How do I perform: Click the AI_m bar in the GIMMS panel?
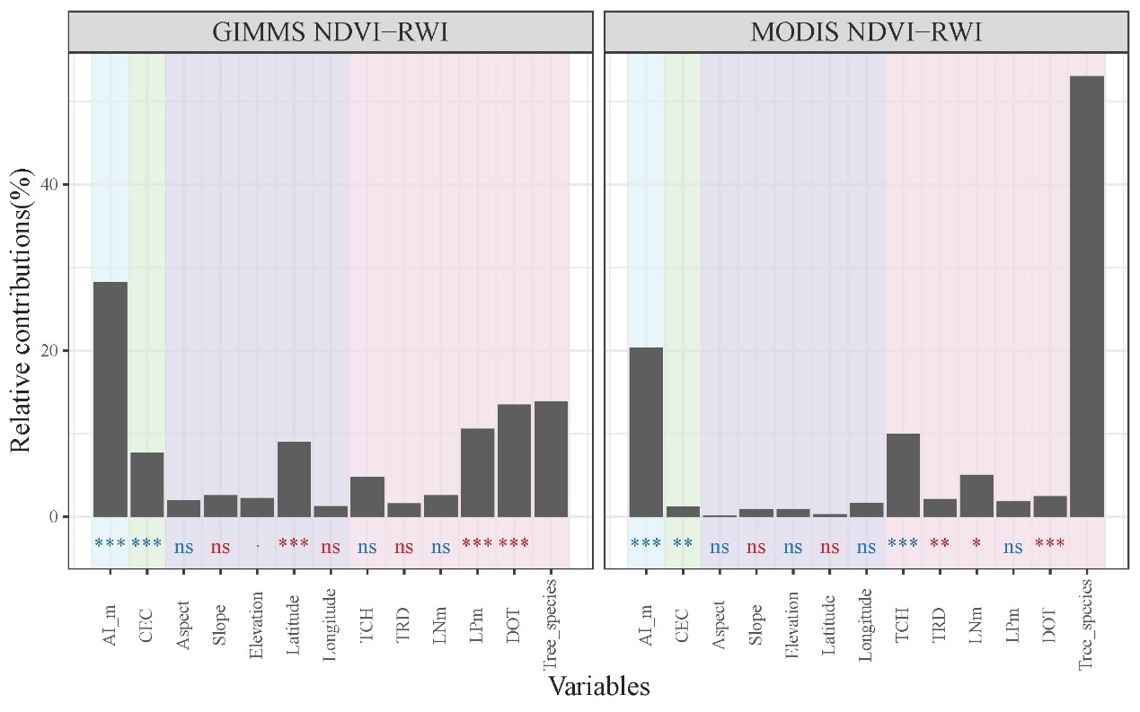tap(110, 400)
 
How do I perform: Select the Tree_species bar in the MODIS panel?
tap(1086, 296)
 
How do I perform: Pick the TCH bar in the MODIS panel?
tap(902, 475)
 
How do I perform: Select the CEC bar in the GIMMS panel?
tap(146, 484)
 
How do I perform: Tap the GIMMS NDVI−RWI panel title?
tap(330, 32)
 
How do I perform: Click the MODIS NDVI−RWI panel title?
tap(866, 32)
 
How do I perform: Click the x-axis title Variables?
tap(598, 687)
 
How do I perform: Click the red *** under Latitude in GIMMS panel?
tap(294, 544)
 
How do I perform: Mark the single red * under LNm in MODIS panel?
tap(976, 544)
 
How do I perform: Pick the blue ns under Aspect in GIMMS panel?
tap(183, 546)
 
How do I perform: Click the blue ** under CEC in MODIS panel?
tap(682, 544)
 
